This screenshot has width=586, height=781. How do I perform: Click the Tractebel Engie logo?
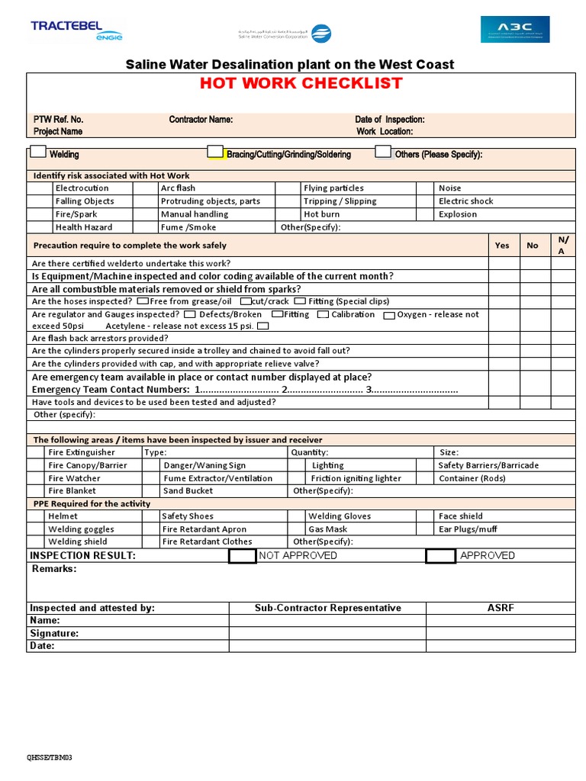point(76,30)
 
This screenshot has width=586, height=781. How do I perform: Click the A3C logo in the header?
point(514,30)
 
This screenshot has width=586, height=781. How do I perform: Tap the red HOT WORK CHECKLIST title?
point(301,84)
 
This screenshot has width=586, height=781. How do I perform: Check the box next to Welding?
point(38,152)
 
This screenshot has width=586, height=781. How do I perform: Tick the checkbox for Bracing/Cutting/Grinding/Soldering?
point(216,152)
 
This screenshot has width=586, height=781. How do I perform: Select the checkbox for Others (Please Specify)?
point(383,152)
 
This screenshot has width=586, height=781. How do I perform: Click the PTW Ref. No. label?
point(58,120)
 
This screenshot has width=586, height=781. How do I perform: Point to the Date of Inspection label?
point(390,120)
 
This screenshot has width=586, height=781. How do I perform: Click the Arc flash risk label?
point(178,188)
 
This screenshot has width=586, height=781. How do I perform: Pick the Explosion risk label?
point(458,214)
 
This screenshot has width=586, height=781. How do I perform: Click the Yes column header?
point(502,246)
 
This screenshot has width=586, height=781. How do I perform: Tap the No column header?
point(533,246)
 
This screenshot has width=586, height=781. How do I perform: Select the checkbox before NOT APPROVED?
point(243,556)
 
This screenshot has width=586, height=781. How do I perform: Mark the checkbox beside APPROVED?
point(440,556)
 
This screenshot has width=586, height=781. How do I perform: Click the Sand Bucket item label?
point(188,491)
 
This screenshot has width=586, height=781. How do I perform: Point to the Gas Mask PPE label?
point(327,529)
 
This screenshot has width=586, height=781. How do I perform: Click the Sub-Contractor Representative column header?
point(327,608)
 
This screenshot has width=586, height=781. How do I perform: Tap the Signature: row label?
point(54,634)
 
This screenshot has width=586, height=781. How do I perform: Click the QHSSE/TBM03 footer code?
point(50,758)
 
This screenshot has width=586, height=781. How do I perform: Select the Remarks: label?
point(54,569)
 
